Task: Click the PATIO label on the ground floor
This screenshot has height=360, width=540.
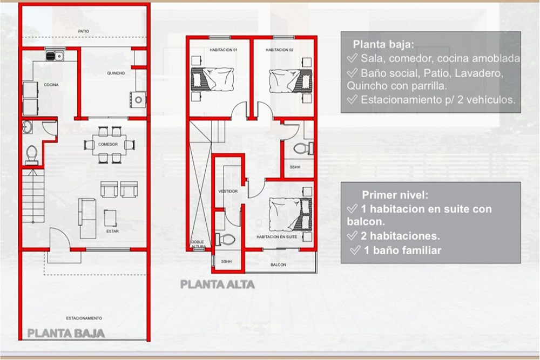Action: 83,31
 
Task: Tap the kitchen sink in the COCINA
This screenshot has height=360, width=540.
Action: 55,56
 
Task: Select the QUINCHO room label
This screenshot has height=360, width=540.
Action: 116,73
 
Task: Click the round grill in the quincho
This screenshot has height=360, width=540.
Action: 138,100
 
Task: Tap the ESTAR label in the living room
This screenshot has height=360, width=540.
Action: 112,232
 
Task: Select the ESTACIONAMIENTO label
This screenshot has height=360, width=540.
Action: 84,318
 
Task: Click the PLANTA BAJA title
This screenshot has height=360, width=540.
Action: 66,334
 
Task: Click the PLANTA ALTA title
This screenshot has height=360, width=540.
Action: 218,284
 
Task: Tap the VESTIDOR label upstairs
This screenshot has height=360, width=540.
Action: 228,192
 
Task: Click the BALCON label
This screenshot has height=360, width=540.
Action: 278,264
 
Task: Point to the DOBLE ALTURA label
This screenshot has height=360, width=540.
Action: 198,244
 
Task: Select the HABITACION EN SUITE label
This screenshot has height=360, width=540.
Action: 277,237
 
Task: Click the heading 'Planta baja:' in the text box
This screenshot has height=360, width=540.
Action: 383,44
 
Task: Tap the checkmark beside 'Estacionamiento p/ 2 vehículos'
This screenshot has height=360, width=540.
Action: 352,99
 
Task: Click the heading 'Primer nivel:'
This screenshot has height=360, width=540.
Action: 395,195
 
